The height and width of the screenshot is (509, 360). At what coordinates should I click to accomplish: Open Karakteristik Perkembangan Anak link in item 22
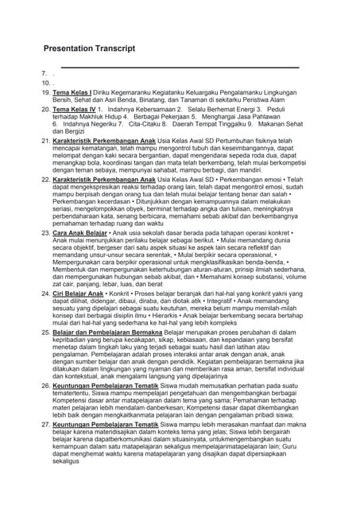[106, 180]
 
